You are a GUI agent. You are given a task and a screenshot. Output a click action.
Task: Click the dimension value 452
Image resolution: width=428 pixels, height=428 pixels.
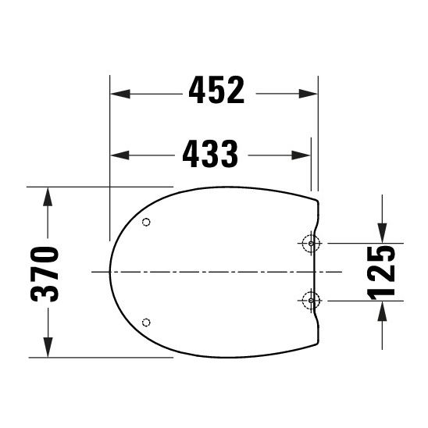point(216,92)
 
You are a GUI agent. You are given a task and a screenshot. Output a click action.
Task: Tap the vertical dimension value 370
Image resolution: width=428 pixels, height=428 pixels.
point(46,273)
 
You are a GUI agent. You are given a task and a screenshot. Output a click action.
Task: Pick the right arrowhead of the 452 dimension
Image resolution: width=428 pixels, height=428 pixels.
point(312,93)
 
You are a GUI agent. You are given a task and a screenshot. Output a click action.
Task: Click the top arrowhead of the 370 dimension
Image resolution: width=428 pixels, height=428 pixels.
point(48,195)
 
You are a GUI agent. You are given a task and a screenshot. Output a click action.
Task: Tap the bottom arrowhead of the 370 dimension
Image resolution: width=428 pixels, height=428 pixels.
point(48,349)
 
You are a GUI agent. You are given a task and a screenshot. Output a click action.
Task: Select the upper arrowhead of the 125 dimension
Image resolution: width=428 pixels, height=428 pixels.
point(382,234)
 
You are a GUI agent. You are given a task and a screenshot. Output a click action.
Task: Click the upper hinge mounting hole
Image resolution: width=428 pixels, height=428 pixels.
point(311,243)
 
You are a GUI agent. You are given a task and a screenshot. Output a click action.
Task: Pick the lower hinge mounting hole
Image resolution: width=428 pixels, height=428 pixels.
point(311,299)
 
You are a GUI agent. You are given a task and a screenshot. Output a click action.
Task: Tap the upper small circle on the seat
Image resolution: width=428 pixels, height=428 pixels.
point(147,223)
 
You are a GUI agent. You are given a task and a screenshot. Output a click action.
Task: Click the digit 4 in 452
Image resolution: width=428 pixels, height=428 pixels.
point(198,92)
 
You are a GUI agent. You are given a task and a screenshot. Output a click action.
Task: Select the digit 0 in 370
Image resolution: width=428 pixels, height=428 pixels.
point(46,254)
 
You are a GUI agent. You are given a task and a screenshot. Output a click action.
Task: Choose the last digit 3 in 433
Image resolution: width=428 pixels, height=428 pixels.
point(228,154)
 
